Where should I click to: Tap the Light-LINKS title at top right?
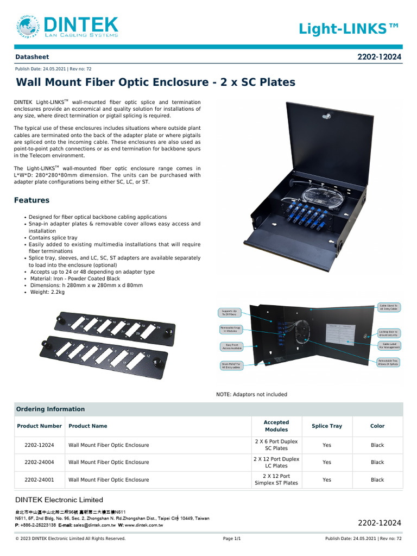350,29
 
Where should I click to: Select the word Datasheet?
31,56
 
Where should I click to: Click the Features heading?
31,200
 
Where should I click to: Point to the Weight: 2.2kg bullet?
47,292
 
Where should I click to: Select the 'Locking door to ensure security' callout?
388,332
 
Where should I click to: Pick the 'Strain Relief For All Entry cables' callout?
231,365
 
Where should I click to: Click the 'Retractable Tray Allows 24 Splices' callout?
388,362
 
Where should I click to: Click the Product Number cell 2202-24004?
40,463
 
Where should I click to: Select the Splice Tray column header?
327,426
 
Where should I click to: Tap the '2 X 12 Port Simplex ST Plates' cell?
276,479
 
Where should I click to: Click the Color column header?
377,426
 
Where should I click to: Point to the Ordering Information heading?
50,409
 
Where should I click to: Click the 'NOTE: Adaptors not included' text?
251,394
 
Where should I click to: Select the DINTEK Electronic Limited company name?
59,500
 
